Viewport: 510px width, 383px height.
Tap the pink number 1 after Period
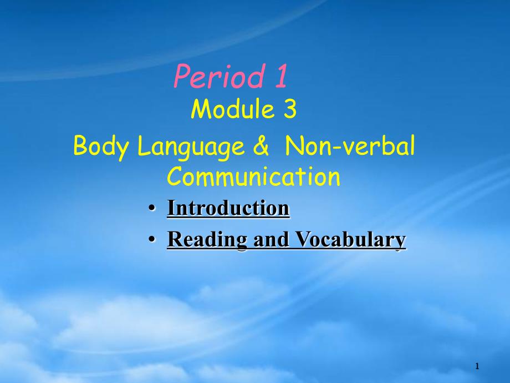point(280,77)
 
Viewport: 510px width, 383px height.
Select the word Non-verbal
point(350,147)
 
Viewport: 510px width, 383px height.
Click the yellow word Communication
point(253,177)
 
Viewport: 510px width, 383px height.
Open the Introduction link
point(228,209)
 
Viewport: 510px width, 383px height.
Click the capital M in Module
point(200,110)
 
